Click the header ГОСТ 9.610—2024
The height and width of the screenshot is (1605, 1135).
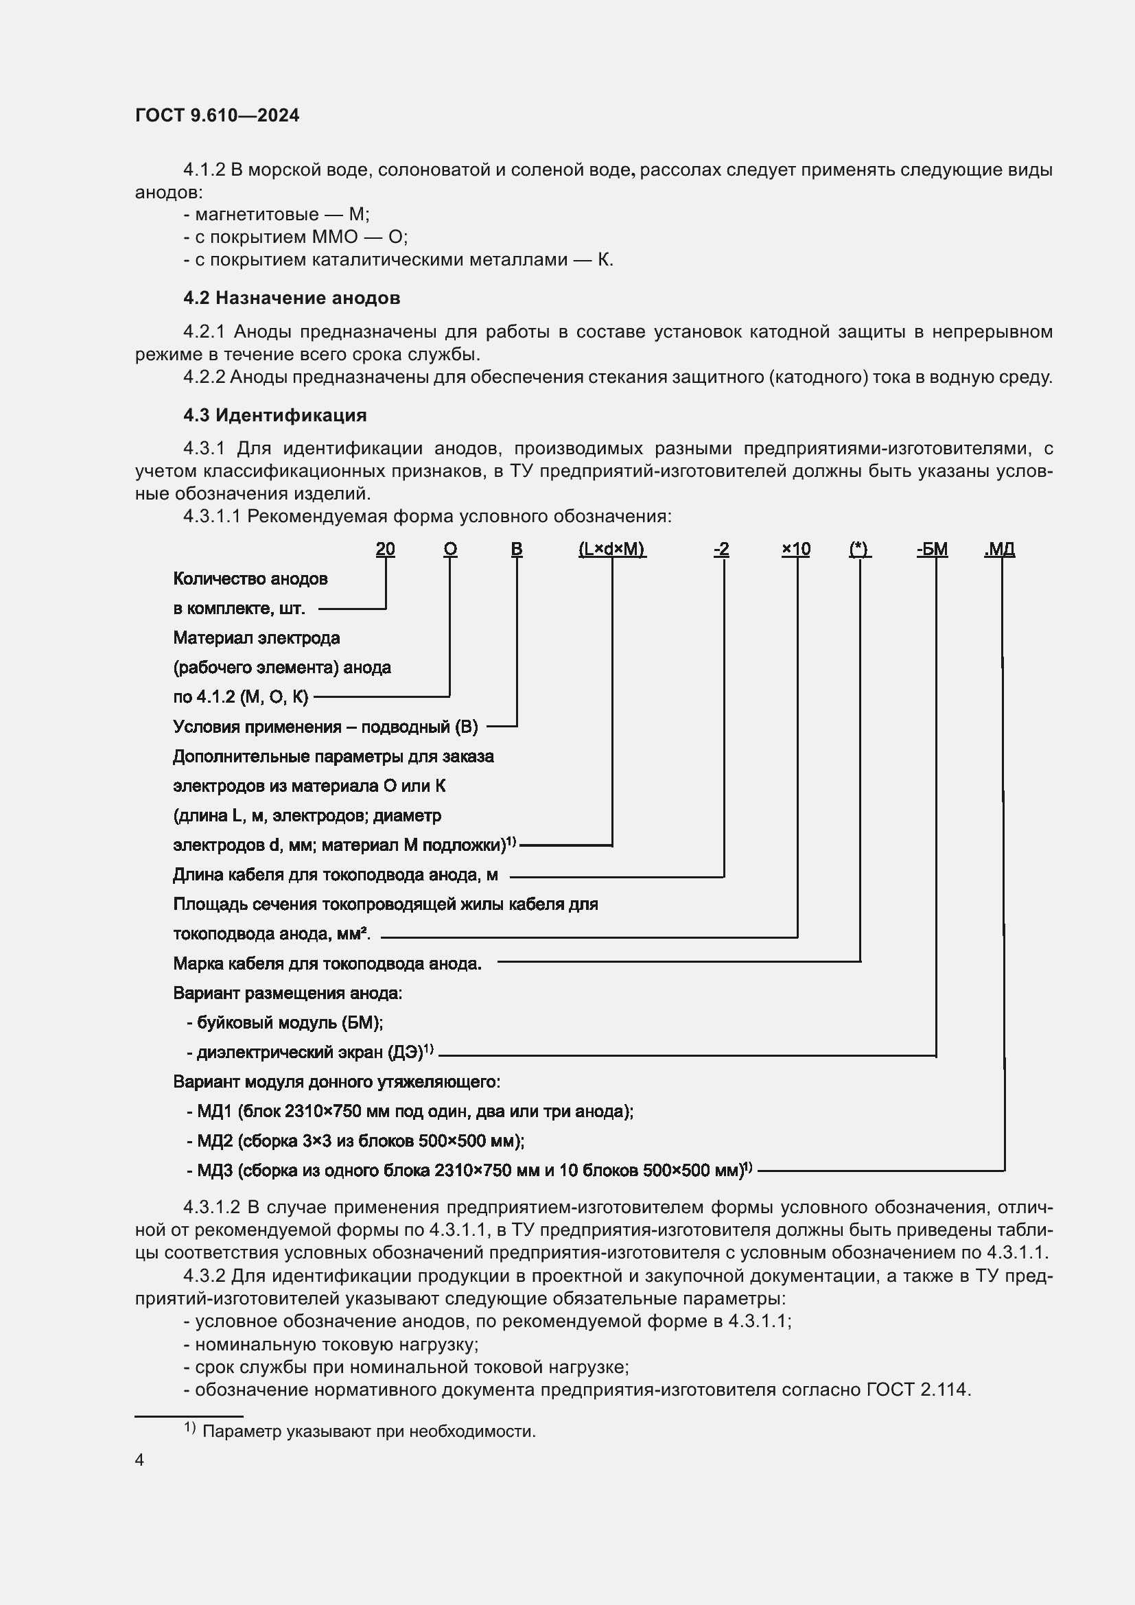(217, 115)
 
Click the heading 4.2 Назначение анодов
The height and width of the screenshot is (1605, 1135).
(292, 298)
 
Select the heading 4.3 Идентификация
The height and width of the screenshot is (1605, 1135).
(274, 415)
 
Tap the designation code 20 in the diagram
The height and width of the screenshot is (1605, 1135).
(385, 549)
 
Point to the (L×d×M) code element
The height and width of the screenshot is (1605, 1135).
(611, 549)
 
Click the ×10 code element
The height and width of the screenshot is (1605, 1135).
(795, 549)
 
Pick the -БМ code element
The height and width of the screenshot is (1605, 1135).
(932, 549)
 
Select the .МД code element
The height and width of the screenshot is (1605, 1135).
(998, 549)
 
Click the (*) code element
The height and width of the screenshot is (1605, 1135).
(858, 549)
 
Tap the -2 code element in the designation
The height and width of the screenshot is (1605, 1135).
(721, 549)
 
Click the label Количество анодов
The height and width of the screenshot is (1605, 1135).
(250, 579)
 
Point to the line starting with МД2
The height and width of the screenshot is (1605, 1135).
(355, 1141)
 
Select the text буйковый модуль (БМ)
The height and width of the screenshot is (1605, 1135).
(285, 1022)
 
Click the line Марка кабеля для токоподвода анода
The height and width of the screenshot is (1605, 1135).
(327, 964)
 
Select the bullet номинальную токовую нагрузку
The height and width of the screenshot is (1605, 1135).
(331, 1344)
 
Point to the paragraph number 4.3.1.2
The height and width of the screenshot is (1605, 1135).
(212, 1208)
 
